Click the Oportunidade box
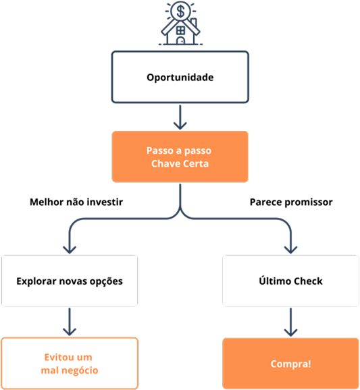click(180, 77)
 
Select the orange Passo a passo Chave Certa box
click(180, 157)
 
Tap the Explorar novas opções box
click(70, 281)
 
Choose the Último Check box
click(290, 281)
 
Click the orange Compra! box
click(290, 364)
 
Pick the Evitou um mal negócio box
click(70, 364)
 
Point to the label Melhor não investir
click(76, 202)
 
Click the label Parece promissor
click(291, 202)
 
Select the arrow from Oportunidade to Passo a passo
click(180, 117)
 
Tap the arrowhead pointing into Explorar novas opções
click(70, 250)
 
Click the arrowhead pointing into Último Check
click(290, 250)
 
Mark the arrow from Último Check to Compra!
click(290, 322)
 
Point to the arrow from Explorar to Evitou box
click(70, 322)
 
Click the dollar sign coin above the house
click(180, 11)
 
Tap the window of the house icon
click(180, 30)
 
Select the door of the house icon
click(180, 40)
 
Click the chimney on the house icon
click(194, 23)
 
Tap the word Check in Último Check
click(308, 281)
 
